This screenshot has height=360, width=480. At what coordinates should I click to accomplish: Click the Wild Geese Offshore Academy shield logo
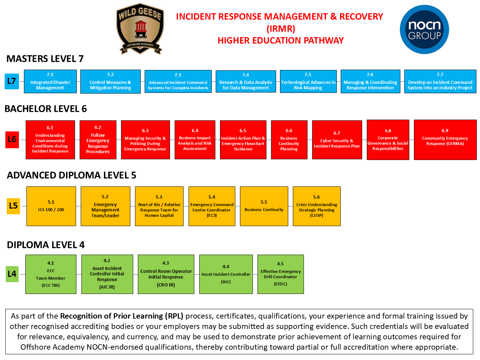[140, 29]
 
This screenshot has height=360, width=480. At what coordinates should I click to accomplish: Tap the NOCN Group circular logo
[424, 30]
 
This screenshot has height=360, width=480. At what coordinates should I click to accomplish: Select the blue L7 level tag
[12, 81]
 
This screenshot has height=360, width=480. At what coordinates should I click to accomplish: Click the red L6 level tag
[12, 139]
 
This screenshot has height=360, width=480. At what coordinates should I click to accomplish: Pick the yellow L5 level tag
[13, 206]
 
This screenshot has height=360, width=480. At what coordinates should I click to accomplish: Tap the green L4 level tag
[12, 274]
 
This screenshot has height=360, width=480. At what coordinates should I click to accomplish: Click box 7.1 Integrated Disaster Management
[50, 81]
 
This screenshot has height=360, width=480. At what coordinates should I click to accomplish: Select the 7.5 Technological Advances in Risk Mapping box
[308, 81]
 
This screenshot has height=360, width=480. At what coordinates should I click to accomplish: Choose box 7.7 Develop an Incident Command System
[440, 81]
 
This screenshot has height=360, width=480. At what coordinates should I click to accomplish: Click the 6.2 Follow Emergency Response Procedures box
[98, 140]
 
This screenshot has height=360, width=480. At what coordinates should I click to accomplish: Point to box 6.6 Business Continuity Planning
[289, 140]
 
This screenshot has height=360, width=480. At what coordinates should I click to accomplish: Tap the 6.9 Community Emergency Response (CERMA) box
[445, 140]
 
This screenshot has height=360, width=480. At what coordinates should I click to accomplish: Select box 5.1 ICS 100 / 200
[51, 206]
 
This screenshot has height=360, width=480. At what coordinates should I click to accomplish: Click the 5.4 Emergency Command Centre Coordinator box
[212, 206]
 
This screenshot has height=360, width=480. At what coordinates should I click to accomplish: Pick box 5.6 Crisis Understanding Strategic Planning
[316, 206]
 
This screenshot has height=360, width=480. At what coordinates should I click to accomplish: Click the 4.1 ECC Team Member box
[51, 274]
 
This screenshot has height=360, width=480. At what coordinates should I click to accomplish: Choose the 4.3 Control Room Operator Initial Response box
[166, 274]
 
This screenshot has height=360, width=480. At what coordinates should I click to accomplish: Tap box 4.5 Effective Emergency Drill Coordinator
[280, 274]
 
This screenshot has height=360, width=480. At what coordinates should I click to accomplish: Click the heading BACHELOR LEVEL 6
[46, 109]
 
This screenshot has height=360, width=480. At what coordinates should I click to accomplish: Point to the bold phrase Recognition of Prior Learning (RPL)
[121, 316]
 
